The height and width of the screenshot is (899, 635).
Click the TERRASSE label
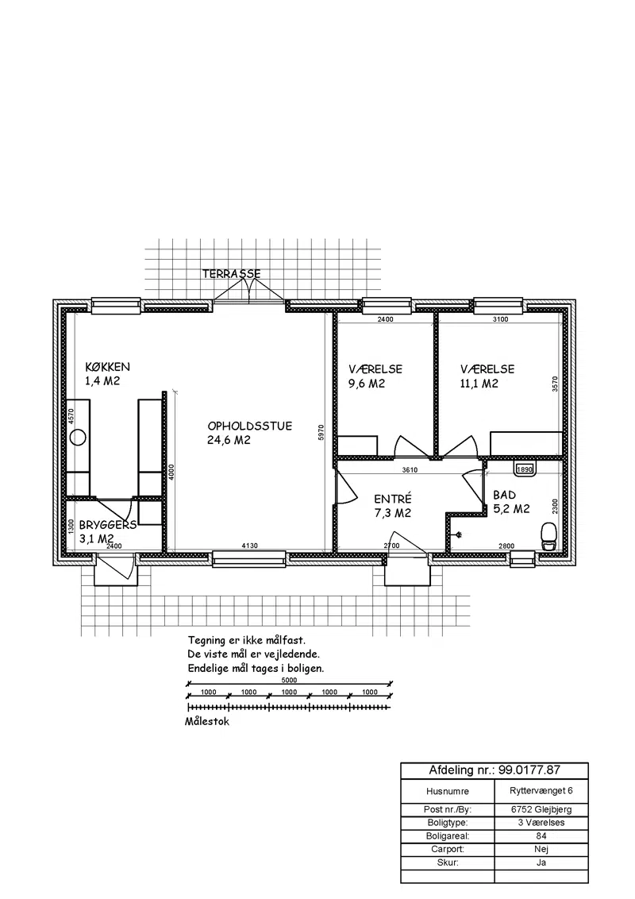click(x=232, y=274)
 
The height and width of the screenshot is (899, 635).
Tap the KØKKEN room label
click(x=108, y=367)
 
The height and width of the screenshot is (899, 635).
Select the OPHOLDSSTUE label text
click(x=250, y=426)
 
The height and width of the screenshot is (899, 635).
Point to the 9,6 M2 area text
click(x=367, y=384)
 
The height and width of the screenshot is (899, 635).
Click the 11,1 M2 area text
click(x=479, y=384)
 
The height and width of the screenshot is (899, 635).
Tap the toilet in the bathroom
click(x=548, y=537)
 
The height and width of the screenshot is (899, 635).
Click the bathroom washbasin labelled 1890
click(x=525, y=469)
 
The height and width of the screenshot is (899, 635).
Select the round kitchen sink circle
click(x=78, y=438)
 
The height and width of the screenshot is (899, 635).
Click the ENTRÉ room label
click(x=393, y=500)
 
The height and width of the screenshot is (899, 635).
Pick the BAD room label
click(x=504, y=495)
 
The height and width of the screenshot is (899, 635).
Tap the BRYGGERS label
click(x=108, y=525)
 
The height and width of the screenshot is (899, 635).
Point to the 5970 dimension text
click(x=321, y=432)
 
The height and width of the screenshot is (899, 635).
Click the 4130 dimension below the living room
click(x=249, y=546)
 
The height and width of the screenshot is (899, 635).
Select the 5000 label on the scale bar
click(x=290, y=680)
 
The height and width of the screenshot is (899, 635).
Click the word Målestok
click(x=207, y=722)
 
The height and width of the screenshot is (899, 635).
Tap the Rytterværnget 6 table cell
click(x=541, y=791)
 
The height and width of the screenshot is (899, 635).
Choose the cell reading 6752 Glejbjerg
click(x=541, y=809)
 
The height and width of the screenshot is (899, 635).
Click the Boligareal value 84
click(x=541, y=836)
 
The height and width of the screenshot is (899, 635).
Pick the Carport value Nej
click(x=541, y=849)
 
